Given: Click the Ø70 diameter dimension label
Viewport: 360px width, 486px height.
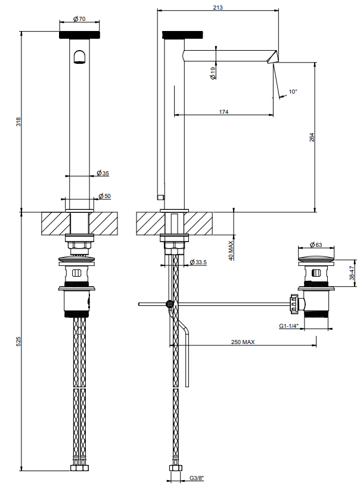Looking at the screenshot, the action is coord(79,19).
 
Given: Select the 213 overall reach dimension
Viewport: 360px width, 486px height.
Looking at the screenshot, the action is coord(218,7).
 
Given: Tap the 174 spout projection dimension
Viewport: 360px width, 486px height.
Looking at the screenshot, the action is coord(224,112).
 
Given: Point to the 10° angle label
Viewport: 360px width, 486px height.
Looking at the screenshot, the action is coord(293,91).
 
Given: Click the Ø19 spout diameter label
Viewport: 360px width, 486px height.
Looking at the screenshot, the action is coord(213,73).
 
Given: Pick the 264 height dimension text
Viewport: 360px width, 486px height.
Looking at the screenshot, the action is coord(312,137).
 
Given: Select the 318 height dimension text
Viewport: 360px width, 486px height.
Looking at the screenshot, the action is coord(18,121).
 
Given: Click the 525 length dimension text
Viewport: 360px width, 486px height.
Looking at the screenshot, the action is coord(18,341).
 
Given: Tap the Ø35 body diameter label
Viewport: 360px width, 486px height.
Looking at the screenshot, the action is coord(103,173).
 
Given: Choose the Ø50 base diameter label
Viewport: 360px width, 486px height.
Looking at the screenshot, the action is coord(104,196).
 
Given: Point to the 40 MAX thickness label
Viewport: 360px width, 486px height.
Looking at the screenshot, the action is coord(231,250).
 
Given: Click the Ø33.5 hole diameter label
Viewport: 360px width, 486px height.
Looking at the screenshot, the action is coord(198,262).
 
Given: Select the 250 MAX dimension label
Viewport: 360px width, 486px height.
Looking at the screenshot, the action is coord(243,342).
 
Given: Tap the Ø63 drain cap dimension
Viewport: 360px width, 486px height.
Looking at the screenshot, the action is coord(316,244).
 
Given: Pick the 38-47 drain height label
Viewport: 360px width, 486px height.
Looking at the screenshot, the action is coord(352,273).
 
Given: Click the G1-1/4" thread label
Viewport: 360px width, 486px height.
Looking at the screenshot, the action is coord(288,326).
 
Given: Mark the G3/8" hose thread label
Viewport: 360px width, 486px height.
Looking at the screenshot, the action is coord(197,478).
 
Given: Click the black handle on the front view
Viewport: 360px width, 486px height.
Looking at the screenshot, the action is coord(79,35).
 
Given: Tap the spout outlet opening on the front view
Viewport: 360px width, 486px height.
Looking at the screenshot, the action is coord(79,57).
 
